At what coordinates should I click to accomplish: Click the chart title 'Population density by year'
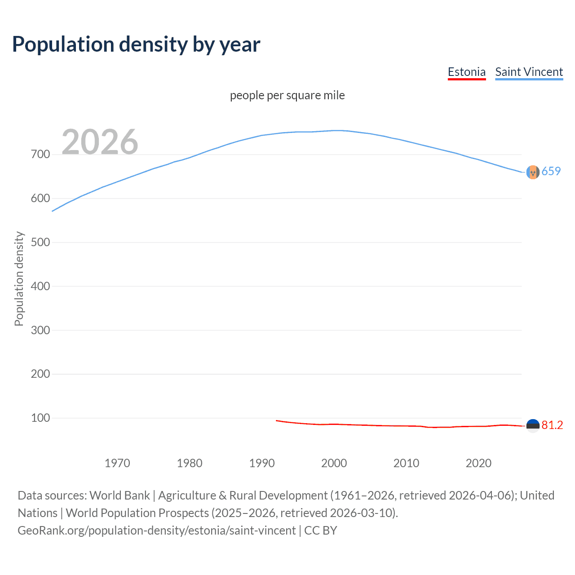click(x=136, y=44)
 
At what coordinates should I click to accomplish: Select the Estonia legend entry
click(x=466, y=72)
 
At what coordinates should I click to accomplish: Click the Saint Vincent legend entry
click(x=529, y=72)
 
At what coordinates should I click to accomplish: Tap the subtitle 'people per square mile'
click(x=287, y=96)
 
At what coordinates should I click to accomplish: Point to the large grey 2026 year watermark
click(x=100, y=142)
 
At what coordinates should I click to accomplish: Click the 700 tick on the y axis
click(x=40, y=155)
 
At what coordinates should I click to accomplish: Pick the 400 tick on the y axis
click(x=40, y=286)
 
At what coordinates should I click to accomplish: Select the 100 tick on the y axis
click(x=40, y=418)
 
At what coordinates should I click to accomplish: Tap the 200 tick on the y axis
click(x=40, y=374)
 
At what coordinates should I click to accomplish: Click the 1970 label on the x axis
click(x=117, y=463)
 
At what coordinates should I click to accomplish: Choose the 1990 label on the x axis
click(x=262, y=463)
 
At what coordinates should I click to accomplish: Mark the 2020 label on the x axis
click(x=478, y=463)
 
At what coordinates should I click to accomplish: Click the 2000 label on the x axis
click(x=334, y=463)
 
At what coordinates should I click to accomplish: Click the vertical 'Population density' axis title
click(x=19, y=279)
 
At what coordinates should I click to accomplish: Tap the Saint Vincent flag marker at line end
click(x=533, y=172)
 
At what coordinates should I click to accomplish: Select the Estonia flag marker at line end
click(x=533, y=425)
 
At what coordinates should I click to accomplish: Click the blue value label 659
click(x=551, y=171)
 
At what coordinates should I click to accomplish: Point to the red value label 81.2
click(x=552, y=425)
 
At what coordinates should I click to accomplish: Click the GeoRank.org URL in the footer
click(x=156, y=531)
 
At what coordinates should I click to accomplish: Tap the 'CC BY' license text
click(x=321, y=531)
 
